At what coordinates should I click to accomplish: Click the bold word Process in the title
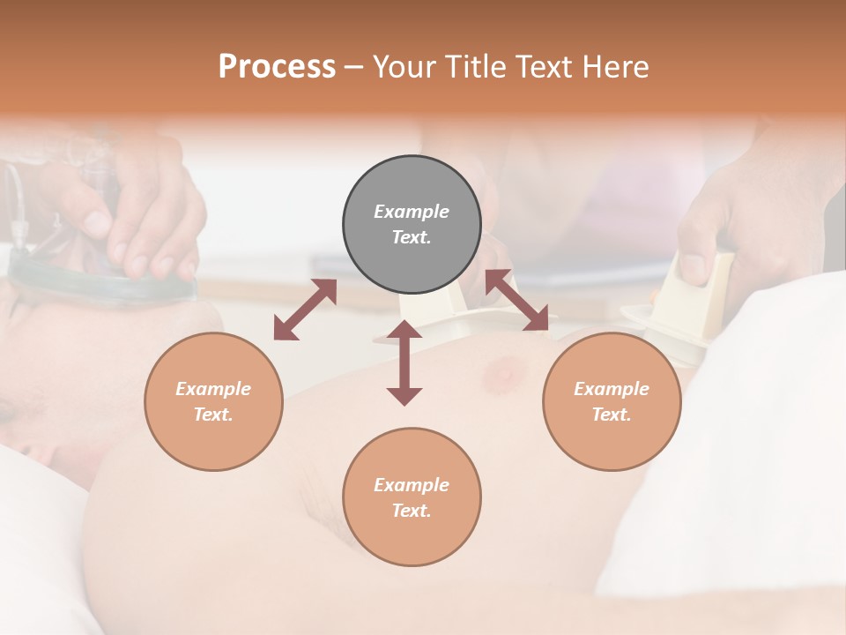point(277,67)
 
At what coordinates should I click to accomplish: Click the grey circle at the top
point(412,225)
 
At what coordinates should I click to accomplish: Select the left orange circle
point(213,401)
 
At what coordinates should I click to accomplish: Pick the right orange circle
point(612,401)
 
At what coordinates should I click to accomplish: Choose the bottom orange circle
point(412,497)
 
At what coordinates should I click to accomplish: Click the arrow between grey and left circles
point(305,310)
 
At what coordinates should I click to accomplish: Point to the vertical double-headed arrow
point(404,362)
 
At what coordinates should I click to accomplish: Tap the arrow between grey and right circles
point(517,301)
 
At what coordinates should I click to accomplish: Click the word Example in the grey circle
point(412,212)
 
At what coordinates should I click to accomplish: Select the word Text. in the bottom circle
point(412,511)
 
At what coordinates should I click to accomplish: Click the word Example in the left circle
point(213,389)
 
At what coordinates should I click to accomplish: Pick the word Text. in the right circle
point(612,415)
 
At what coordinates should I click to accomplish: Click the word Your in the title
point(403,67)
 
